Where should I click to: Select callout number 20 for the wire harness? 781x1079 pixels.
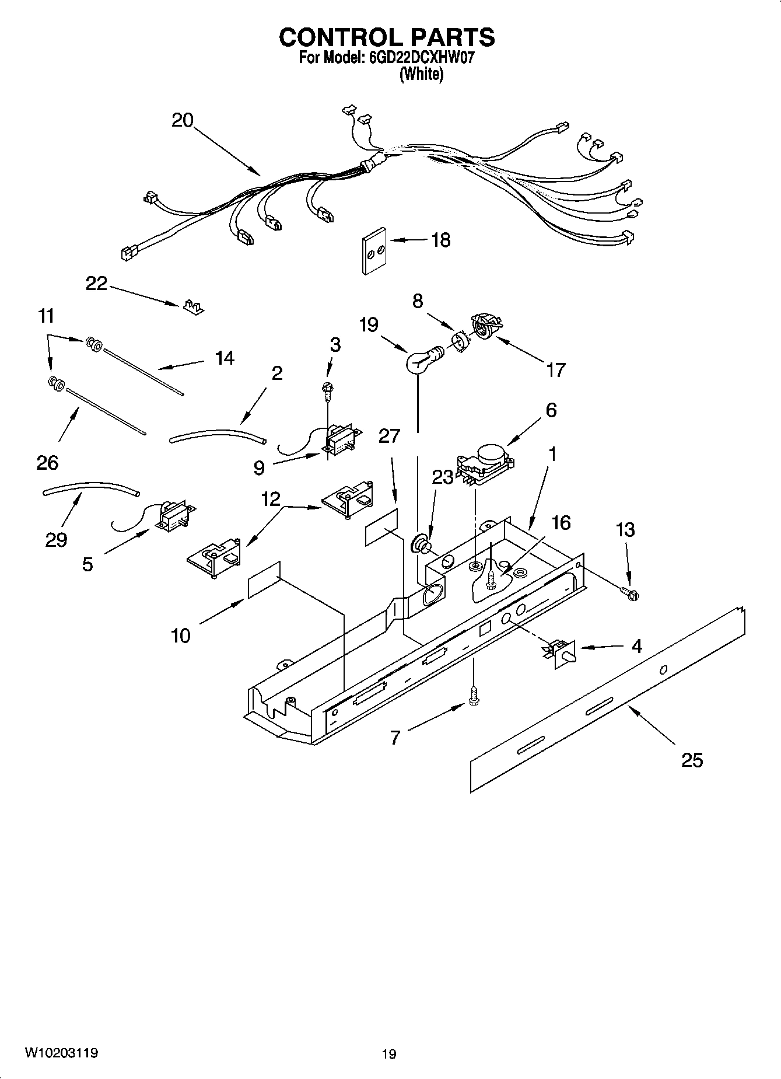[x=182, y=120]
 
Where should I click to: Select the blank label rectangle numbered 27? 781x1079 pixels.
[x=382, y=527]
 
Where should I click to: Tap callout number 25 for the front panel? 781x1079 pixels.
[x=692, y=760]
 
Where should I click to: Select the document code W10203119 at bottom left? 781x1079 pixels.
[x=61, y=1053]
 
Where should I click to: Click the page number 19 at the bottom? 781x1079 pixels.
[x=389, y=1054]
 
